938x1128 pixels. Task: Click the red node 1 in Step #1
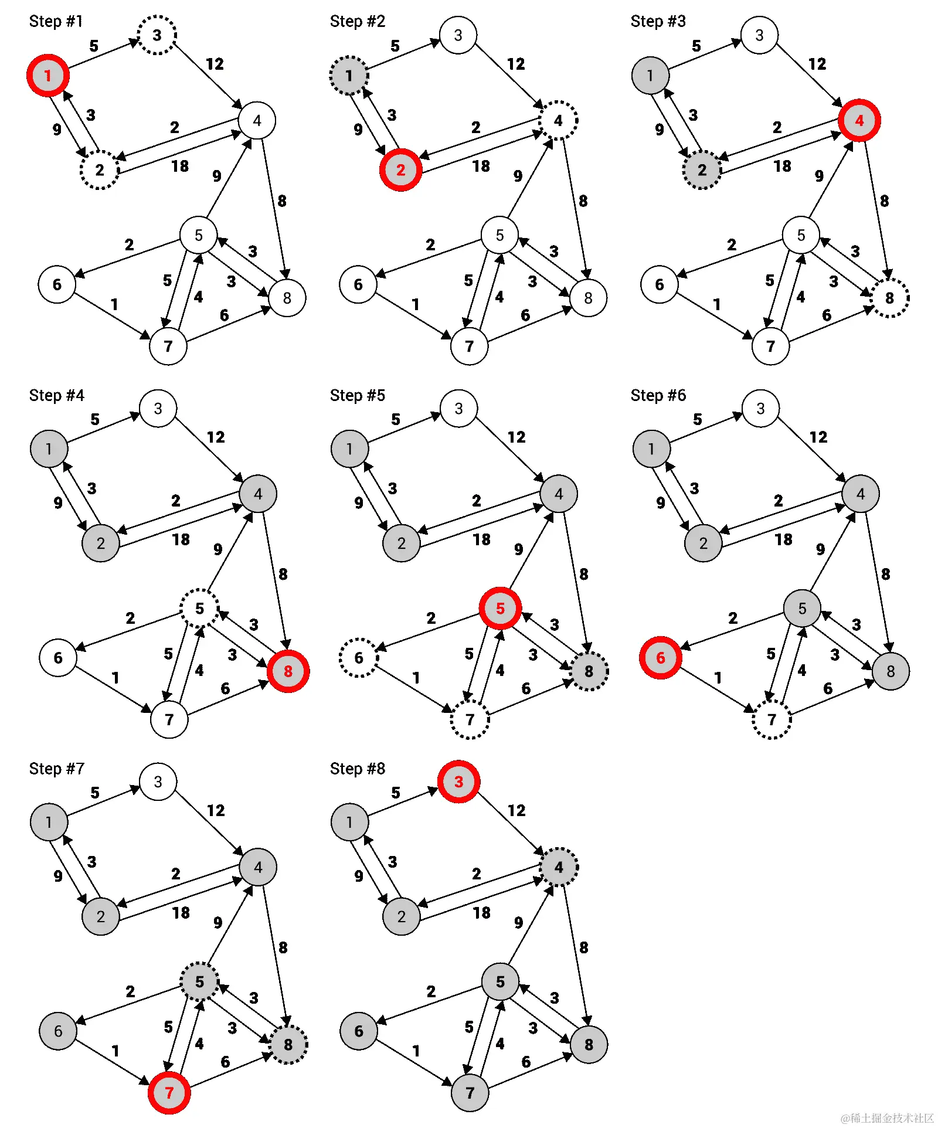pos(48,76)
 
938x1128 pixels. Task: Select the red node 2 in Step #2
pos(400,170)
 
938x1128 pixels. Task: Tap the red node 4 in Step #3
pos(859,121)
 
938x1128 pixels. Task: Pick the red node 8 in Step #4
pos(288,671)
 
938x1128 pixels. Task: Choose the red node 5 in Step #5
pos(500,609)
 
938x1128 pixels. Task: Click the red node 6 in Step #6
pos(660,658)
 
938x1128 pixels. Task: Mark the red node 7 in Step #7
pos(169,1093)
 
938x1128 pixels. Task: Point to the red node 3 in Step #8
pos(458,782)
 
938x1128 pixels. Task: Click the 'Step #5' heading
pos(358,395)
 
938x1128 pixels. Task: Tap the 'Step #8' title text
pos(358,769)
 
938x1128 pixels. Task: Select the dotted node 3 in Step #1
pos(157,35)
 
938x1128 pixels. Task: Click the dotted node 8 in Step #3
pos(890,298)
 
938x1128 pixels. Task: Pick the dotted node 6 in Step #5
pos(359,658)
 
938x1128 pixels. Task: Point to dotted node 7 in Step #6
pos(772,719)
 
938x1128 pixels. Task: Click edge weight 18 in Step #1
pos(180,167)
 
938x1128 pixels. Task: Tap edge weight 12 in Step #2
pos(516,64)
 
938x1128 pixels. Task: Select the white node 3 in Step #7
pos(158,782)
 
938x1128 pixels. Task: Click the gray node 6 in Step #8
pos(359,1031)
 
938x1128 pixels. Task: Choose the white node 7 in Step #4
pos(169,719)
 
